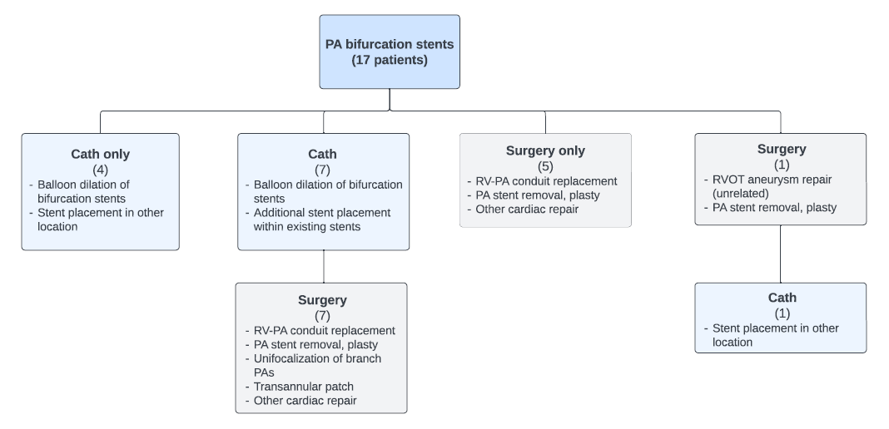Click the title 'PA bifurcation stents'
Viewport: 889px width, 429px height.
pyautogui.click(x=390, y=44)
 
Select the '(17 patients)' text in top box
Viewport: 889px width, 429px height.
pyautogui.click(x=390, y=60)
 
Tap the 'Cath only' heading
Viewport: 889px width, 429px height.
pyautogui.click(x=100, y=154)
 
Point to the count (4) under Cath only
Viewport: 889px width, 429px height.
pyautogui.click(x=100, y=169)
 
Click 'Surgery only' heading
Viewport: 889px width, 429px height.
pyautogui.click(x=545, y=150)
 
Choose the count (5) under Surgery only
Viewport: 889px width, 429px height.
pyautogui.click(x=545, y=165)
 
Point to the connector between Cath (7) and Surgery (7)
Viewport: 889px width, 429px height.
pyautogui.click(x=323, y=266)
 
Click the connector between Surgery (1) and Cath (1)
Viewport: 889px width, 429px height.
pyautogui.click(x=780, y=254)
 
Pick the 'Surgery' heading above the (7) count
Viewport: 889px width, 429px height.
pyautogui.click(x=321, y=300)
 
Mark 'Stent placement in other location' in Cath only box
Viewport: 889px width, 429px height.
pyautogui.click(x=101, y=219)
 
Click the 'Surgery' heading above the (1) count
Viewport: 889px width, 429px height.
pyautogui.click(x=780, y=150)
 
